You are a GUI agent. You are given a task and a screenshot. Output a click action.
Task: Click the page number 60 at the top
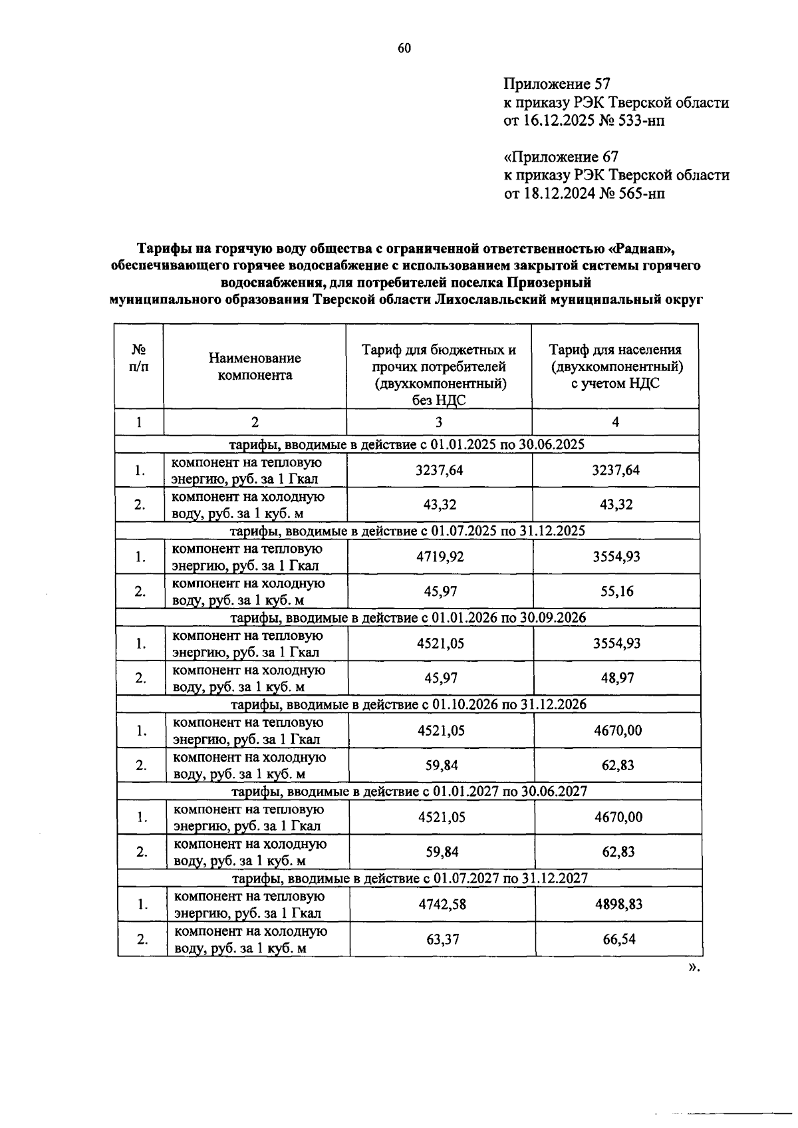pyautogui.click(x=404, y=48)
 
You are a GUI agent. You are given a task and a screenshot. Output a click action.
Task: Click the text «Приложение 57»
pyautogui.click(x=557, y=84)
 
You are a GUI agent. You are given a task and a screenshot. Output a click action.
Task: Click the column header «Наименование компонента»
pyautogui.click(x=255, y=366)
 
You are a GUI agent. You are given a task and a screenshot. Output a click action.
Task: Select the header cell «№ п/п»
pyautogui.click(x=139, y=358)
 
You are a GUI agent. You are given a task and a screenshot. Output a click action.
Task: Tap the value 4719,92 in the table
pyautogui.click(x=440, y=556)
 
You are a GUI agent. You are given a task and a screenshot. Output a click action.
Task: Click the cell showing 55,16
pyautogui.click(x=616, y=591)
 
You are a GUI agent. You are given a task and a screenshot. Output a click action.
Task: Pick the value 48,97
pyautogui.click(x=617, y=678)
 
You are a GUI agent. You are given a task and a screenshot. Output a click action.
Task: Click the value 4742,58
pyautogui.click(x=441, y=904)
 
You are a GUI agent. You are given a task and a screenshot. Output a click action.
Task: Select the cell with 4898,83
pyautogui.click(x=618, y=904)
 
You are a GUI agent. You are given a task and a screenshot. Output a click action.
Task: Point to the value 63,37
pyautogui.click(x=442, y=938)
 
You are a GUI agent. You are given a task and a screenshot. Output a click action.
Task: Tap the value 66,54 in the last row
pyautogui.click(x=618, y=938)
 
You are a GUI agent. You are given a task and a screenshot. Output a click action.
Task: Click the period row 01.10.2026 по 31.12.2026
pyautogui.click(x=408, y=704)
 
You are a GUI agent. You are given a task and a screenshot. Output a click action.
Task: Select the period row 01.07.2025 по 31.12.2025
pyautogui.click(x=407, y=531)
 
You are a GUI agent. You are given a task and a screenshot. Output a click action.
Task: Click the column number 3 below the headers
pyautogui.click(x=439, y=422)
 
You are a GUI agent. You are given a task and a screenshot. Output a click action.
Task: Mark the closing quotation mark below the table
pyautogui.click(x=694, y=968)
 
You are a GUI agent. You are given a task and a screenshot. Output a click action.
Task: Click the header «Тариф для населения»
pyautogui.click(x=615, y=350)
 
